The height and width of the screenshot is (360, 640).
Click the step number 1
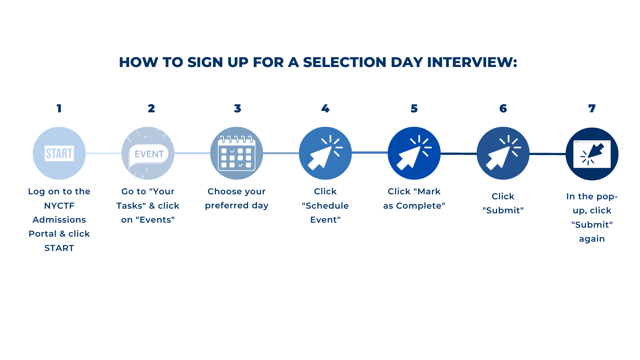59,108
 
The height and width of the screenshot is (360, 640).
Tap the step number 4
325,108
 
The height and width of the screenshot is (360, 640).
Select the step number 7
592,108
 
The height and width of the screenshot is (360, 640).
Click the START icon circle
59,153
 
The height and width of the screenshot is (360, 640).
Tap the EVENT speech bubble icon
148,153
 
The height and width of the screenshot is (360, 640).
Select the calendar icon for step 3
237,153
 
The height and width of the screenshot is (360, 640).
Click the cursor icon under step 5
414,153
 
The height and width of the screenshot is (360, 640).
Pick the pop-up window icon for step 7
592,154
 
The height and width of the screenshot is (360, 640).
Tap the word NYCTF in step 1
59,206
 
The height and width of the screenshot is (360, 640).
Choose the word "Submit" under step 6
503,211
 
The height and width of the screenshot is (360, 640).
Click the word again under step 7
592,239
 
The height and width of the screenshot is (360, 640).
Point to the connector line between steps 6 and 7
548,154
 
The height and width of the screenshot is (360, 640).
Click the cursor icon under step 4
325,153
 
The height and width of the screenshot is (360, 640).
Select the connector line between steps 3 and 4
281,153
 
